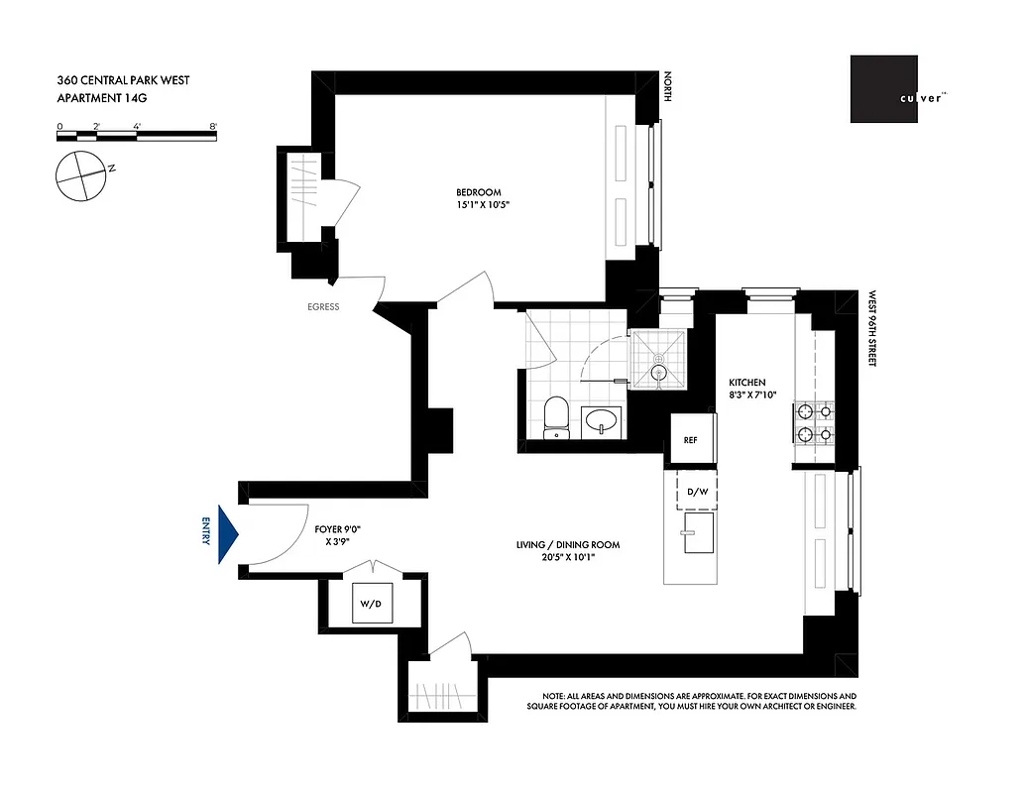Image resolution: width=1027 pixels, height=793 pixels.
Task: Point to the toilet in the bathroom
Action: pos(557,416)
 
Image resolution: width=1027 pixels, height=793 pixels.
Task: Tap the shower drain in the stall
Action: pos(657,373)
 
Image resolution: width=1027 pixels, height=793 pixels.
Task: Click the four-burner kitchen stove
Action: pos(815,421)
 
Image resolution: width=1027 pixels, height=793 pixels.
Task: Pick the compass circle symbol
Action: pos(80,177)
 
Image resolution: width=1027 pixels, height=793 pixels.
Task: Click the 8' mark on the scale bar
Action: pos(214,127)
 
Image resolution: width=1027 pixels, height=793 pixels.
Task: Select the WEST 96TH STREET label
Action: pos(873,329)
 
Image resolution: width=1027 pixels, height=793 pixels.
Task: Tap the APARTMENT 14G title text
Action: pos(106,96)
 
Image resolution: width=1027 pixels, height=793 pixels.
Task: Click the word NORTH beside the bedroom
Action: pos(668,87)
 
